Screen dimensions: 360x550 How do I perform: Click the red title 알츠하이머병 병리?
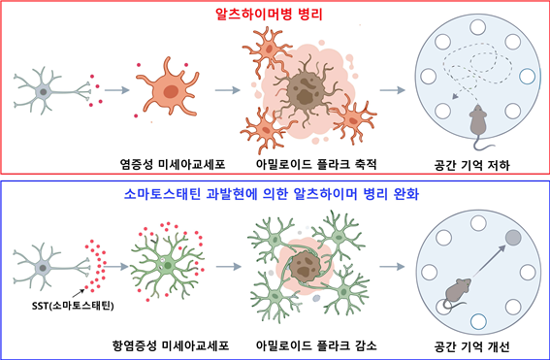pyautogui.click(x=275, y=16)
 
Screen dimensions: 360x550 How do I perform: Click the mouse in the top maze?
pyautogui.click(x=477, y=121)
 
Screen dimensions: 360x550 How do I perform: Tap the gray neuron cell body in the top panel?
pyautogui.click(x=44, y=92)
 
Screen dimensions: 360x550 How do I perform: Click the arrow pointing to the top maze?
pyautogui.click(x=392, y=92)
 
